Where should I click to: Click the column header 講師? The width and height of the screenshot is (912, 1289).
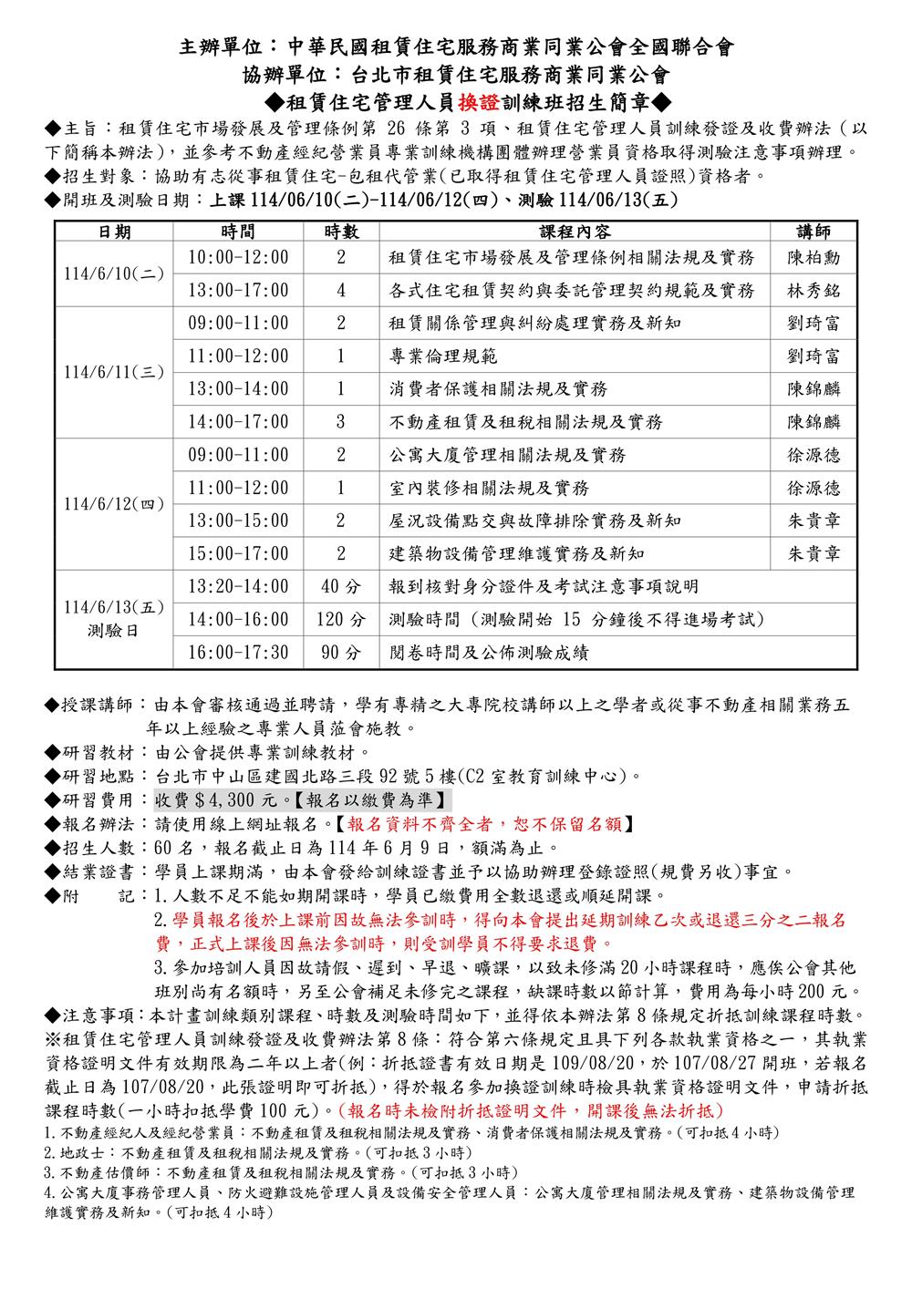814,232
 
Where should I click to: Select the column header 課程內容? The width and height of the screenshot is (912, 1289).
575,232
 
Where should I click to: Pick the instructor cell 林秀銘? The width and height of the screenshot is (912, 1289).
814,291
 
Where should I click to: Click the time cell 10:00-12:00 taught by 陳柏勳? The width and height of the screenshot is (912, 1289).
238,258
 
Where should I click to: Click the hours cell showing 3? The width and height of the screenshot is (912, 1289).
340,422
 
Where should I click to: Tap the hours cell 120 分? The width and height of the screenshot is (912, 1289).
340,620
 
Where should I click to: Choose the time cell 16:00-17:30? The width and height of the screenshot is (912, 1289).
238,653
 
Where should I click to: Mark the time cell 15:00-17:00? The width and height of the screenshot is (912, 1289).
238,553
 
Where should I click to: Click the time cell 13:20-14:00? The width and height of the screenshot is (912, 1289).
238,586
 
